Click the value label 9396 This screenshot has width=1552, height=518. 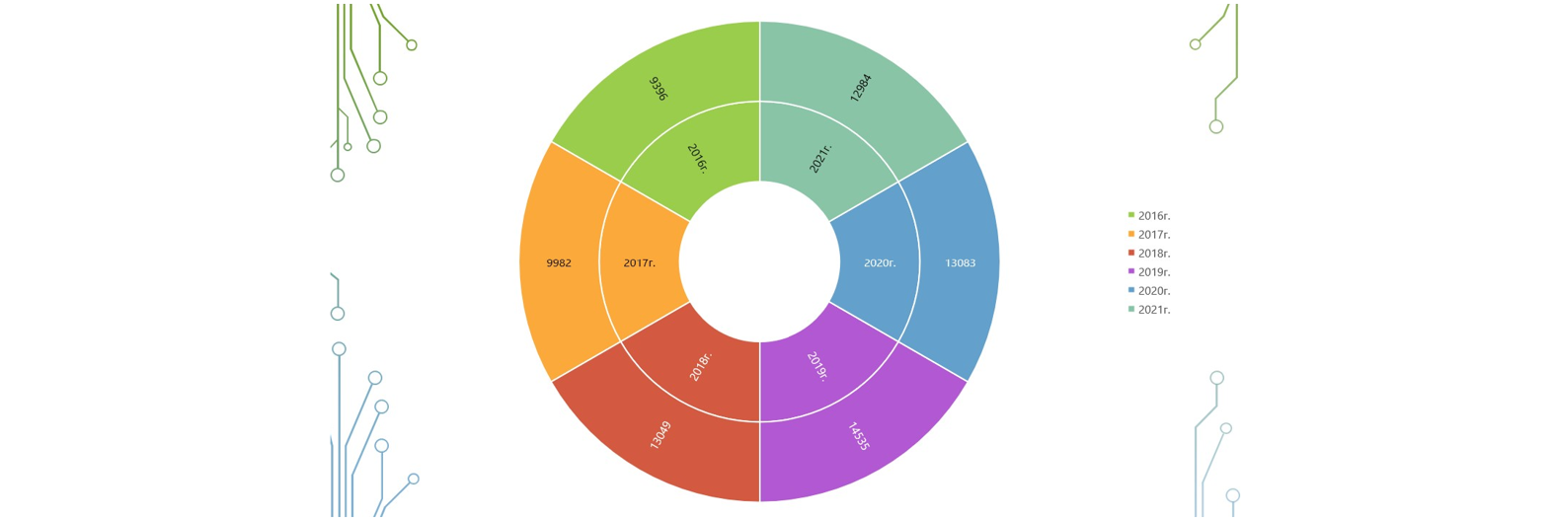click(x=659, y=89)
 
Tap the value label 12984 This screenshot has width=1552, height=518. click(x=861, y=88)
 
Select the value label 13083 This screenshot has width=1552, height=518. click(x=961, y=263)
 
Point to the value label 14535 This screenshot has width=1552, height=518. click(x=859, y=436)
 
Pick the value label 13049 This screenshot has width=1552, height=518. click(x=660, y=435)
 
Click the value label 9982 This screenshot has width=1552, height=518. click(x=559, y=263)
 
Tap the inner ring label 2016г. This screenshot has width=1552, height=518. click(x=698, y=159)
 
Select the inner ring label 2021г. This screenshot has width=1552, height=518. click(x=820, y=159)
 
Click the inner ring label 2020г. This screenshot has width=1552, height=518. click(x=880, y=263)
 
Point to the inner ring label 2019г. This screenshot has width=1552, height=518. click(x=818, y=366)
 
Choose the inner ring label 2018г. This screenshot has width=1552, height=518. click(x=701, y=366)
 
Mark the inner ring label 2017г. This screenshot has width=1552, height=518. click(x=640, y=263)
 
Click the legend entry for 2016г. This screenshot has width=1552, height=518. click(x=1149, y=216)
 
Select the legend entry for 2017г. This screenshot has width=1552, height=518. click(x=1149, y=235)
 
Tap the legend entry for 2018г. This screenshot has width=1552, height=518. click(x=1149, y=254)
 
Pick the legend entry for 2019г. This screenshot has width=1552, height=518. click(x=1149, y=272)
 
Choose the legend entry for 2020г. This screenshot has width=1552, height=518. click(x=1149, y=291)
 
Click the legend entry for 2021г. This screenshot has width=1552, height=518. click(x=1149, y=310)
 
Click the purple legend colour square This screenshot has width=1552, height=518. click(x=1131, y=271)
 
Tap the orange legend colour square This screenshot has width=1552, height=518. click(x=1131, y=234)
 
